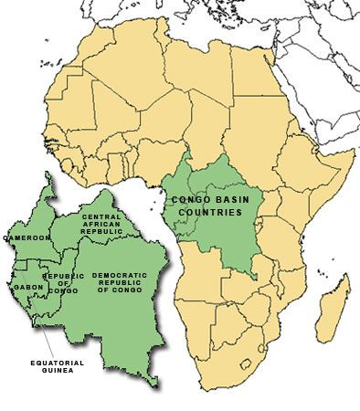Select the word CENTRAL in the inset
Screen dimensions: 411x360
pos(102,216)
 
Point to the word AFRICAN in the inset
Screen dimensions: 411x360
pos(102,225)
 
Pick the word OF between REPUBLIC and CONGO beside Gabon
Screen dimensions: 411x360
pos(64,283)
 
